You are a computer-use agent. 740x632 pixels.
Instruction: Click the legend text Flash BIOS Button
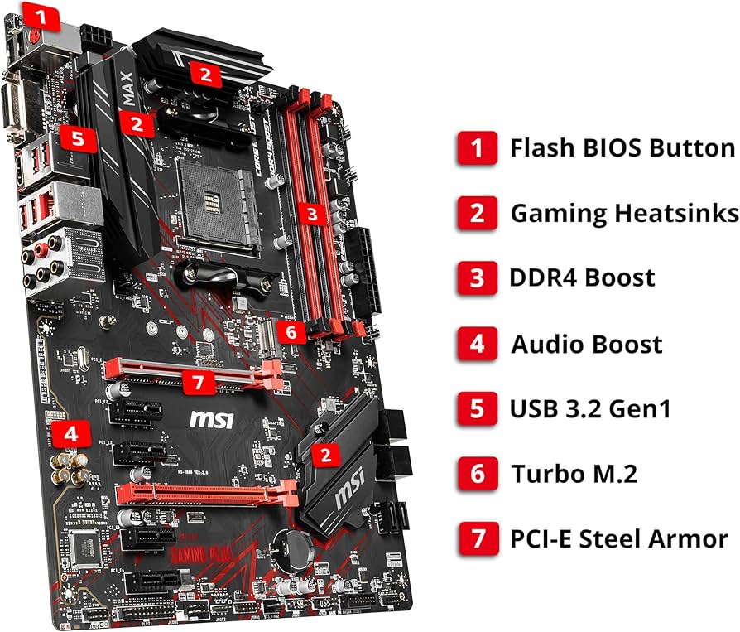[622, 147]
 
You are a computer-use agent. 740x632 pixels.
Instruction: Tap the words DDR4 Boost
[582, 277]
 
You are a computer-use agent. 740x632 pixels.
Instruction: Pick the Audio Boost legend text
[586, 343]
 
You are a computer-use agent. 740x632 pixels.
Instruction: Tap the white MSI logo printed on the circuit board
[212, 419]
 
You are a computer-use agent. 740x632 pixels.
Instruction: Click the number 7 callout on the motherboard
[198, 382]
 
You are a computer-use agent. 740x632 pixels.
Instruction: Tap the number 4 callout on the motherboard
[73, 432]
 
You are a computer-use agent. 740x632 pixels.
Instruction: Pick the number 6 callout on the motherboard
[290, 332]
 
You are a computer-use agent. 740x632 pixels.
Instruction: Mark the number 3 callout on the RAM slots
[311, 214]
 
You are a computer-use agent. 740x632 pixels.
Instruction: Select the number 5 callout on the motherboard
[77, 137]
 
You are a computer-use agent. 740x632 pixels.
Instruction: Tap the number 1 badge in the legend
[477, 147]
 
